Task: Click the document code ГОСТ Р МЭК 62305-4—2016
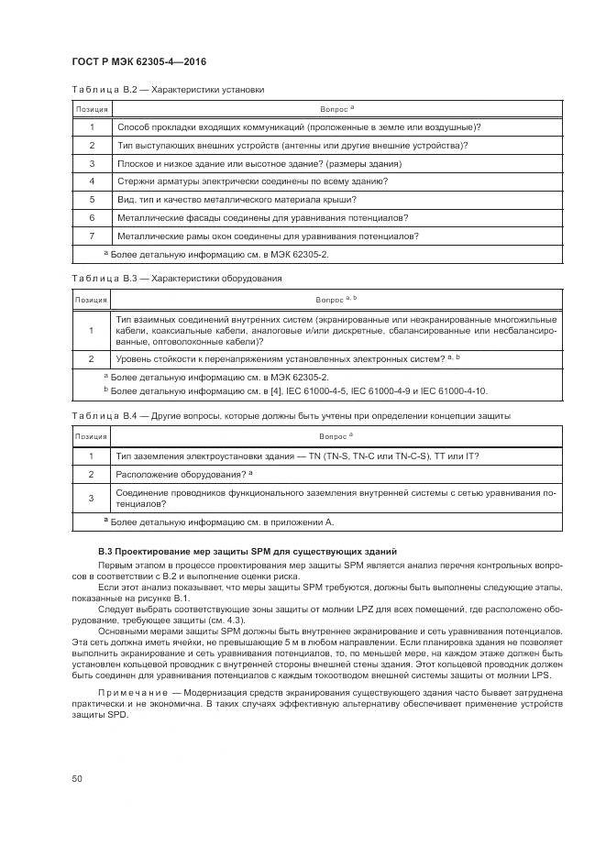coord(138,60)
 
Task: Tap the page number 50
coord(77,778)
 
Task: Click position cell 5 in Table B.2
coord(92,199)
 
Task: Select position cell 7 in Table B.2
coord(92,236)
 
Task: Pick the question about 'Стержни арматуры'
coord(259,181)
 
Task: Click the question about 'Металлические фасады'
coord(262,217)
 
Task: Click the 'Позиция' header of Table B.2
coord(92,109)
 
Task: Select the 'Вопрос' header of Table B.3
coord(336,299)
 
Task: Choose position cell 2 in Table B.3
coord(92,358)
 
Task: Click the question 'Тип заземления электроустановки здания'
coord(297,456)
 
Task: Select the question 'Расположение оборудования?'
coord(184,474)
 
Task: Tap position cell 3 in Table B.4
coord(92,498)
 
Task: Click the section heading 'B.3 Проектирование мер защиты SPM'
coord(248,551)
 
